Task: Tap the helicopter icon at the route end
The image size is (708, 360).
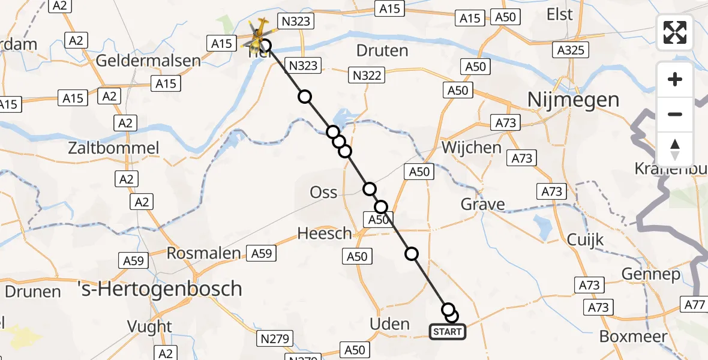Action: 259,38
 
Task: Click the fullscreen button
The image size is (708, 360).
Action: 675,32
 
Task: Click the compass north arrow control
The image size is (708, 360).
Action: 675,149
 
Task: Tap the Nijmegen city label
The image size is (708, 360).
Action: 573,100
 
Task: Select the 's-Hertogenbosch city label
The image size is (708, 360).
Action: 160,289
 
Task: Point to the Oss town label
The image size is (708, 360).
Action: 323,193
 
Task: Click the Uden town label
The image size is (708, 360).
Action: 389,325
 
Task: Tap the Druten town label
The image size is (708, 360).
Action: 382,50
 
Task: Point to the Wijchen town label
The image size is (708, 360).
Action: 471,147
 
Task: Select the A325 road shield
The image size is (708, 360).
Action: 571,50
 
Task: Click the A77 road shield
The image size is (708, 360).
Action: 695,305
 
